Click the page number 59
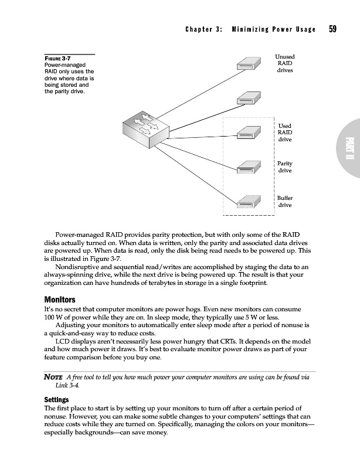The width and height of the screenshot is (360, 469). (x=332, y=29)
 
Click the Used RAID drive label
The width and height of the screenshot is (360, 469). (x=284, y=132)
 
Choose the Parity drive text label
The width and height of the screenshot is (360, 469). (x=284, y=166)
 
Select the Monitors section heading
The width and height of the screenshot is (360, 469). (x=61, y=300)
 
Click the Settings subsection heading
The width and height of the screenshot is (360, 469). (x=59, y=401)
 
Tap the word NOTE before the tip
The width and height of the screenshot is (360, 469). (x=55, y=377)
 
